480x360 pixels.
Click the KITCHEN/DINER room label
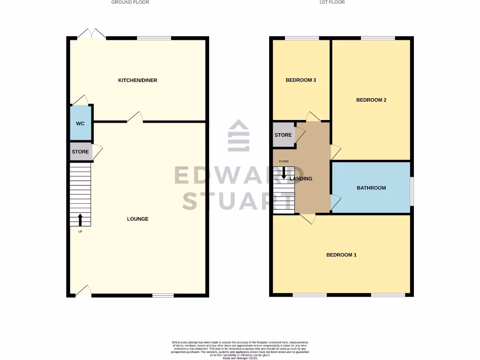click(x=137, y=80)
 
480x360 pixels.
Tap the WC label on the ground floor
click(x=80, y=123)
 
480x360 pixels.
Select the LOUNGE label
click(x=138, y=219)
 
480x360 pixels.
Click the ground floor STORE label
click(x=80, y=152)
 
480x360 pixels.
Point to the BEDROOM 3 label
click(x=300, y=80)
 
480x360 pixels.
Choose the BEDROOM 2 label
click(x=371, y=100)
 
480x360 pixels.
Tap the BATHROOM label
click(x=371, y=188)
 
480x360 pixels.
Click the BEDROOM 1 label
click(x=341, y=255)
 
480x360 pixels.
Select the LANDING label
click(x=301, y=179)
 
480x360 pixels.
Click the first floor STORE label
click(x=283, y=135)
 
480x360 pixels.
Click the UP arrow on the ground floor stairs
click(x=80, y=219)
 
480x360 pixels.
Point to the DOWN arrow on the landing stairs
click(x=284, y=173)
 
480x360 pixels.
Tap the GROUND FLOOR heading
click(x=130, y=2)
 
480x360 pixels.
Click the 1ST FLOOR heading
click(x=332, y=2)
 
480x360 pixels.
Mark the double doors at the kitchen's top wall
click(x=92, y=34)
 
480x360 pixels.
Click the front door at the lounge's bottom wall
click(x=83, y=292)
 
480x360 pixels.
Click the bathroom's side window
click(x=412, y=191)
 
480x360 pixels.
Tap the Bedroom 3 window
click(x=302, y=38)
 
